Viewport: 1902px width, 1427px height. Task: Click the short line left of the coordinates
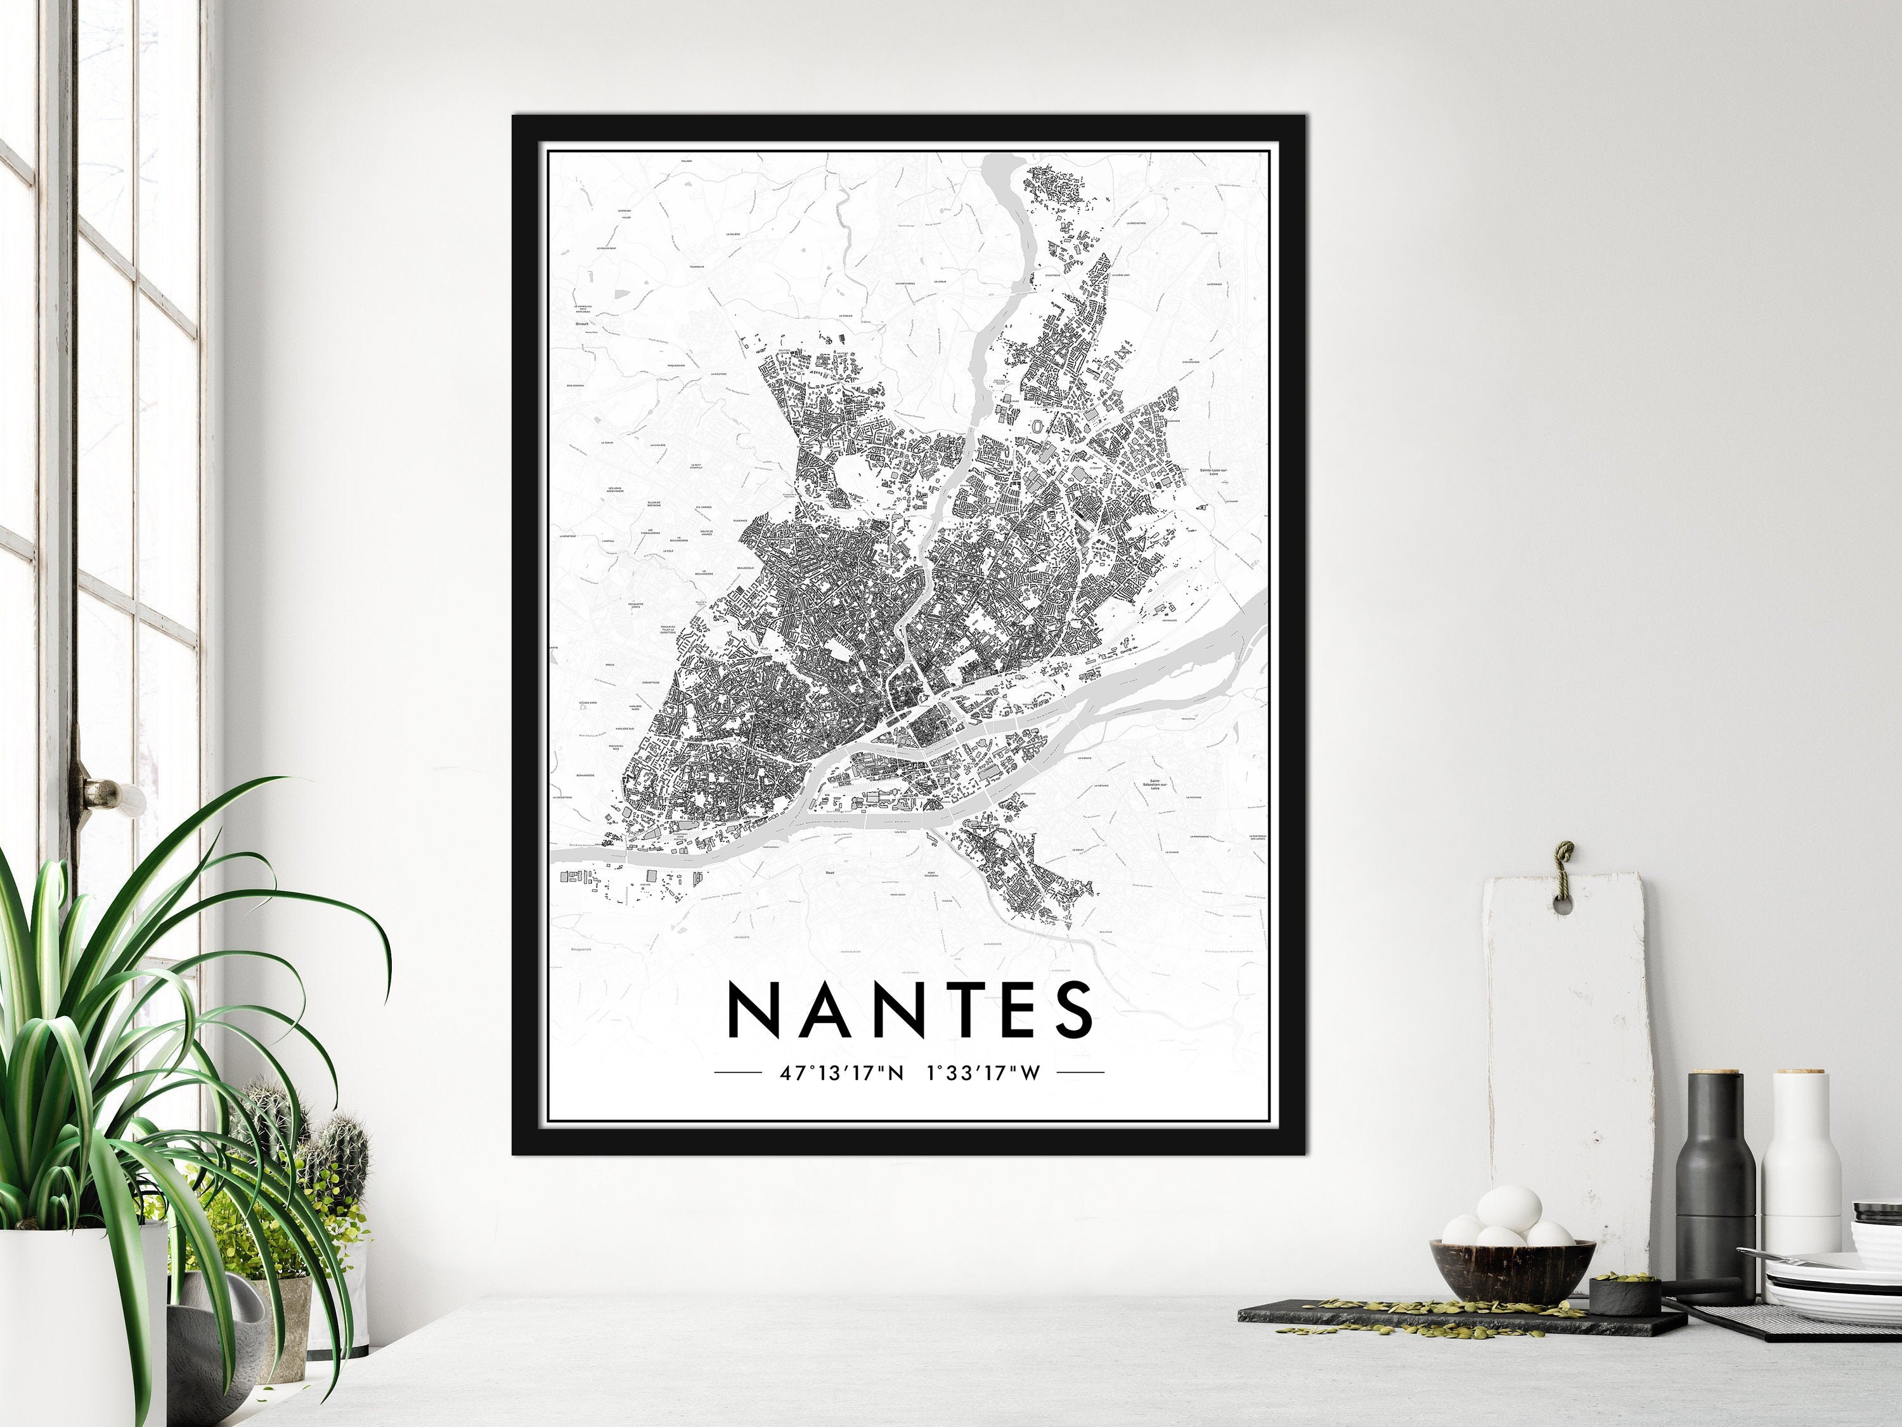pyautogui.click(x=738, y=1072)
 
